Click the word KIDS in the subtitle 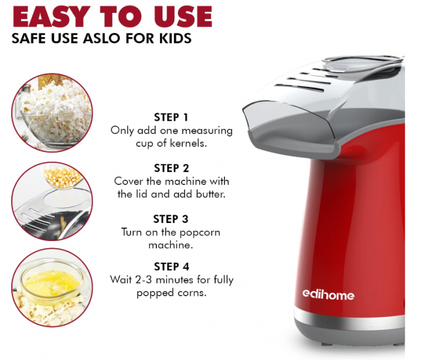click(176, 38)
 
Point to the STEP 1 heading click(171, 117)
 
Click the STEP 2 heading click(171, 168)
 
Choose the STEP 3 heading click(171, 219)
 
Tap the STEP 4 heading click(171, 267)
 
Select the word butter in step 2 click(210, 194)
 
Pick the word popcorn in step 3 click(200, 233)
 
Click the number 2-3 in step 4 click(144, 280)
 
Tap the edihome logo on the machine click(328, 294)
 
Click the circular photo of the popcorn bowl click(52, 112)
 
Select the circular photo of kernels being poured click(52, 201)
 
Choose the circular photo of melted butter click(52, 287)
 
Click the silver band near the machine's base click(349, 319)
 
